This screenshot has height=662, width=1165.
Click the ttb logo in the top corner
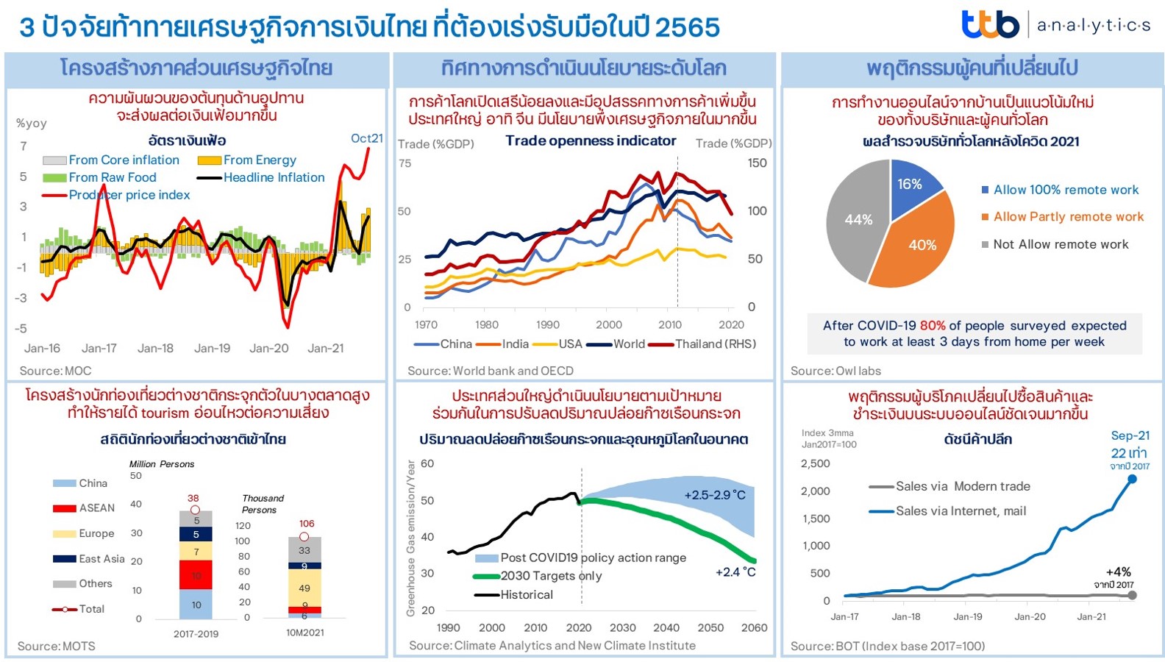tap(989, 24)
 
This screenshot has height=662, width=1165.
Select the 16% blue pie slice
tap(911, 188)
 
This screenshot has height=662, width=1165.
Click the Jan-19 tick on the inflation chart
tap(212, 348)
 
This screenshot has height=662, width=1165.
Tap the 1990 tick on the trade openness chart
tap(547, 324)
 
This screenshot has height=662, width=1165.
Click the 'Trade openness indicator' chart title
tap(591, 140)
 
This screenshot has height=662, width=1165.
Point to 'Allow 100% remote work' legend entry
tap(1065, 190)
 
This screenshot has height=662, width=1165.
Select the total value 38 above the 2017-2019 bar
tap(193, 498)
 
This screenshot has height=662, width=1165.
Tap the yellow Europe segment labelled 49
tap(304, 588)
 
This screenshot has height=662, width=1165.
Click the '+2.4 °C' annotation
tap(735, 572)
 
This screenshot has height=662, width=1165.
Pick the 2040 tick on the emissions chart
tap(666, 627)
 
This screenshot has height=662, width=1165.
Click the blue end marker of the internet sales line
tap(1132, 479)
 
